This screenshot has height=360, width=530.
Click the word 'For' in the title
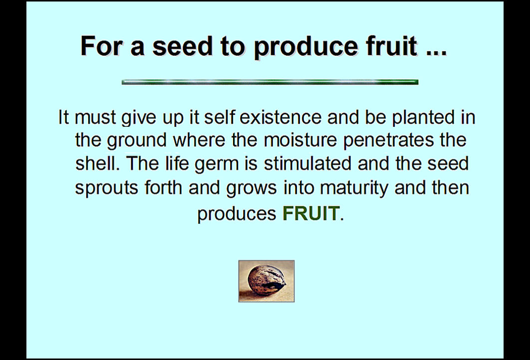coord(101,46)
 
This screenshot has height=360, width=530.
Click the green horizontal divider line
coord(270,82)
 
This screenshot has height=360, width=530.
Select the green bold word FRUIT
coord(310,213)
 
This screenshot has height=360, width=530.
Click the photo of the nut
coord(266,281)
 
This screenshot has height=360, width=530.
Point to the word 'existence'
coord(280,117)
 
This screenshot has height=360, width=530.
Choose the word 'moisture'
coord(300,140)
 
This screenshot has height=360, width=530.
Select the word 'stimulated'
coord(307,163)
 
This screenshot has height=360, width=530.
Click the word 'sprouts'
coord(106,188)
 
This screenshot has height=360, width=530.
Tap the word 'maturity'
coord(354,188)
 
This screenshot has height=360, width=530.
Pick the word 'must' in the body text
coord(95,118)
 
